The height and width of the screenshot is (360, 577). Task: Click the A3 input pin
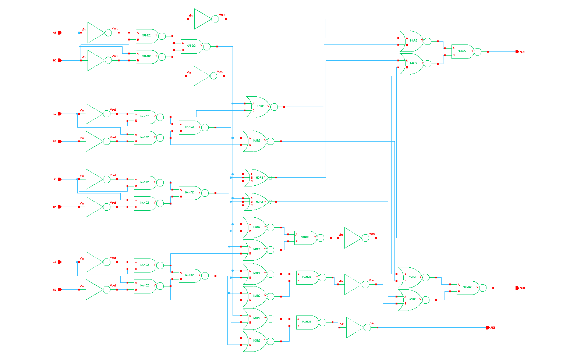click(x=60, y=33)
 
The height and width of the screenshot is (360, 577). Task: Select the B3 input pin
click(x=60, y=60)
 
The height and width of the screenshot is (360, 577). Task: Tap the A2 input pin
click(x=60, y=114)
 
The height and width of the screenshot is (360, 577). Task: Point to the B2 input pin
click(x=60, y=141)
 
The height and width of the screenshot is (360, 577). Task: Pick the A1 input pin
click(x=60, y=179)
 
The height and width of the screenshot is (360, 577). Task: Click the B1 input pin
click(x=60, y=207)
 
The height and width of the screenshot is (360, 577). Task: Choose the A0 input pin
click(x=60, y=262)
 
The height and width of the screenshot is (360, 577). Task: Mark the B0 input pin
click(x=60, y=290)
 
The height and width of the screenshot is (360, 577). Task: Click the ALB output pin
click(x=517, y=52)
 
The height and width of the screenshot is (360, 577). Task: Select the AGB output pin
click(x=517, y=288)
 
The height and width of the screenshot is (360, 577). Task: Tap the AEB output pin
click(x=488, y=328)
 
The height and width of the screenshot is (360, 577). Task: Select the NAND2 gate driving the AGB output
click(x=469, y=288)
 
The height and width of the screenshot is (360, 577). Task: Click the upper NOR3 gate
click(x=258, y=178)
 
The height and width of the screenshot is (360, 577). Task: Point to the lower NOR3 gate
click(x=258, y=202)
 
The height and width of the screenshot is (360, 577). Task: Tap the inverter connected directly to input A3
click(x=98, y=33)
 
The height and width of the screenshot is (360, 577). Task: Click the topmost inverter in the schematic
click(x=205, y=19)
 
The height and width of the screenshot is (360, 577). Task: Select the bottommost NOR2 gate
click(x=256, y=341)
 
